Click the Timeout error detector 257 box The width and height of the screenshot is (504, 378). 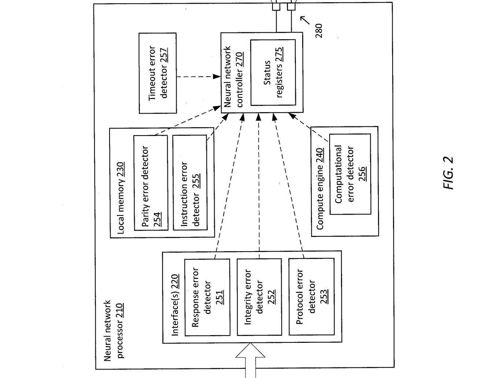[158, 73]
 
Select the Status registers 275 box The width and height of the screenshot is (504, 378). [273, 73]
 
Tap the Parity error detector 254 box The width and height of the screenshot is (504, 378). [151, 183]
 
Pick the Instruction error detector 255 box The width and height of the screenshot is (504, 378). [190, 182]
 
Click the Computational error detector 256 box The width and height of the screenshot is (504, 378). [350, 174]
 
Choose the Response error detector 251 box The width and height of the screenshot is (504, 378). [207, 297]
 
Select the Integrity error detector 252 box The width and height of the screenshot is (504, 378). [259, 297]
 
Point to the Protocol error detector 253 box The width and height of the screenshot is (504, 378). [311, 297]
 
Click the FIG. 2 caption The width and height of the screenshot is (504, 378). [448, 173]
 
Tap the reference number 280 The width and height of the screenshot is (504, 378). [319, 30]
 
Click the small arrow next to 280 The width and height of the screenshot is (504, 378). [305, 20]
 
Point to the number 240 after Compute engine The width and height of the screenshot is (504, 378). [320, 156]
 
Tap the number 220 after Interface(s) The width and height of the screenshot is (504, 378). [175, 282]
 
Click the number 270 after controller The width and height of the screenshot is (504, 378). [240, 60]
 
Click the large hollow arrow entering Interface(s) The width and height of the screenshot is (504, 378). [250, 360]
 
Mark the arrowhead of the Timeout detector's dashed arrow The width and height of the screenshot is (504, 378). [217, 77]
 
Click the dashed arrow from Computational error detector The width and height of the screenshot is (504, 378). [308, 127]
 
